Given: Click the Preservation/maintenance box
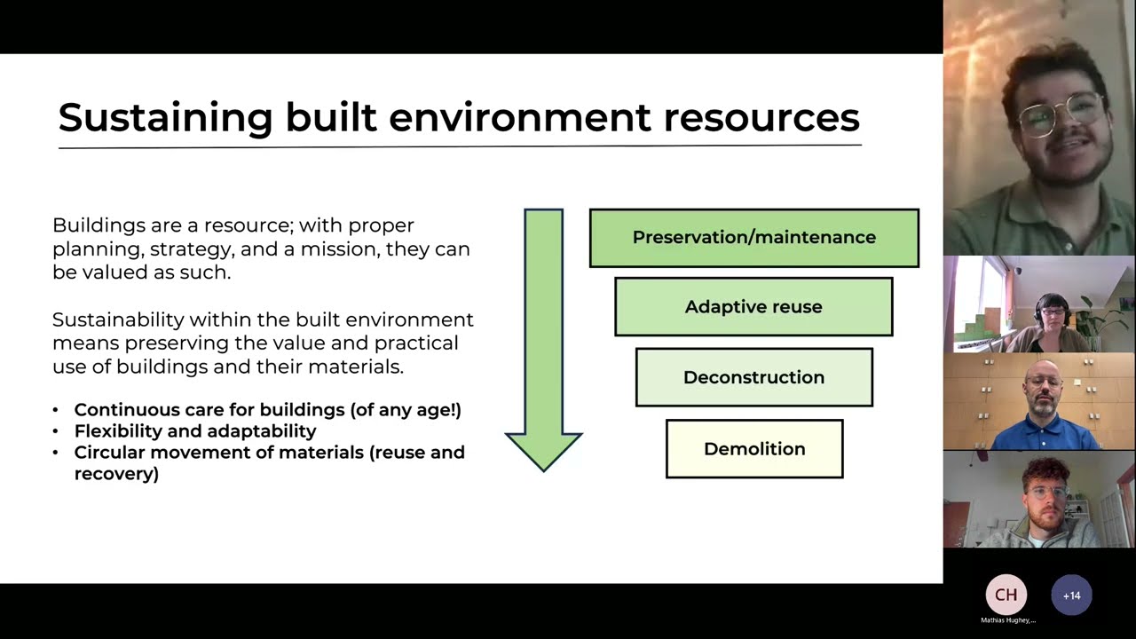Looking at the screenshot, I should click(753, 238).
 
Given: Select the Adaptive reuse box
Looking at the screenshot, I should click(753, 307).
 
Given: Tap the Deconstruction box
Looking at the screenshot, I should click(753, 377).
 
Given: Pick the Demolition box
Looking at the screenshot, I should click(754, 449).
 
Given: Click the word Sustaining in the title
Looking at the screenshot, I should click(165, 117).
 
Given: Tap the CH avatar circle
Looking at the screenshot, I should click(1006, 595).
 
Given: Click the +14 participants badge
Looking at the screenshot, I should click(1071, 596).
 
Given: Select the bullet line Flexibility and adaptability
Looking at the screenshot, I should click(195, 430).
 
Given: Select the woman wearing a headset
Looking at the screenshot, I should click(1052, 319).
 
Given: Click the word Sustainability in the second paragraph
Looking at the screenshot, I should click(118, 319).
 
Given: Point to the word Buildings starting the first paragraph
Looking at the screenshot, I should click(92, 225).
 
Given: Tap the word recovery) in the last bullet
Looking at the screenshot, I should click(116, 473).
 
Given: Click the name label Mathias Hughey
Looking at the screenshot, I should click(1007, 620).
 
